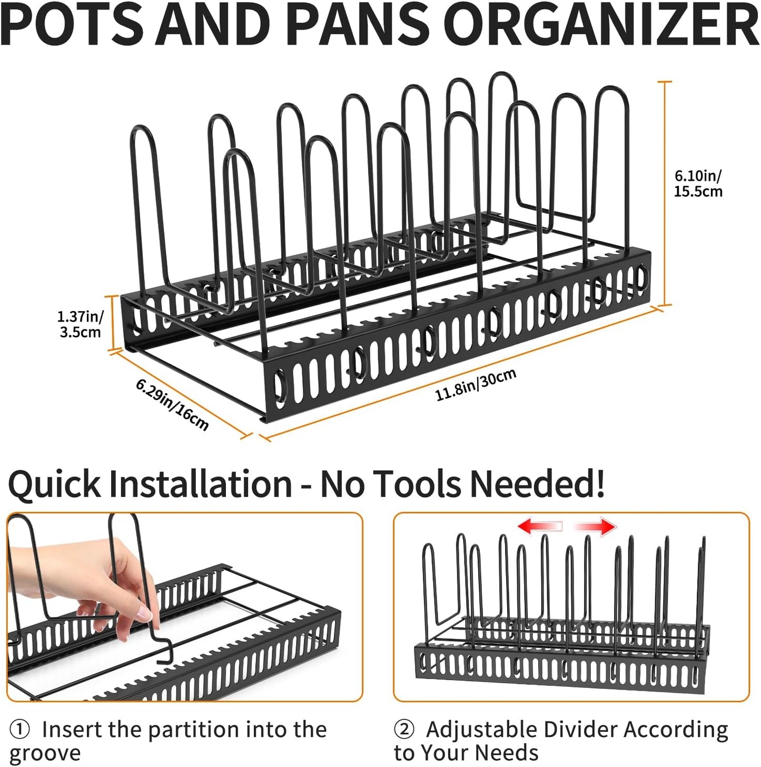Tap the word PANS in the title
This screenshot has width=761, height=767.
[x=359, y=25]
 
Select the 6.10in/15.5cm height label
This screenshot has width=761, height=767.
[x=698, y=183]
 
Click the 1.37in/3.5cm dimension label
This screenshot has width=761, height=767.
[x=80, y=324]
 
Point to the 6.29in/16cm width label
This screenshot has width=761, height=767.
[x=172, y=404]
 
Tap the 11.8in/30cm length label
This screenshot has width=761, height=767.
[x=476, y=385]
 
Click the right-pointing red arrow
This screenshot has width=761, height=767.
[x=595, y=526]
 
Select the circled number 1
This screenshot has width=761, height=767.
[x=20, y=730]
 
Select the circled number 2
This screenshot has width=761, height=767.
[x=404, y=730]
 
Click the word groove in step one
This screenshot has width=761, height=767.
[x=45, y=753]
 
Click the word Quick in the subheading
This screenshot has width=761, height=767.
[x=54, y=484]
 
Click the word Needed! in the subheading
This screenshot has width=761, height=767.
[x=537, y=484]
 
